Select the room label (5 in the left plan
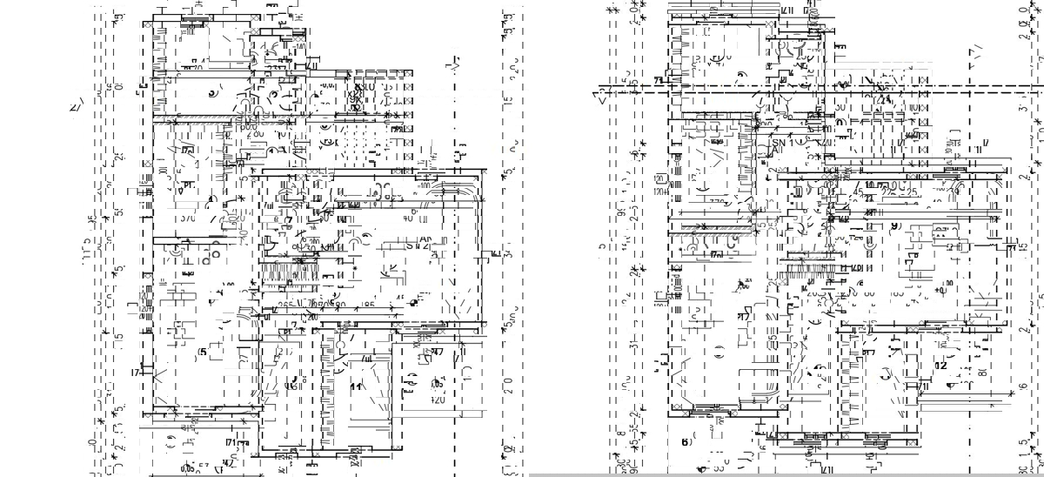pyautogui.click(x=202, y=352)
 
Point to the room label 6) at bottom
pyautogui.click(x=686, y=442)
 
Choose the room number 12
pyautogui.click(x=940, y=366)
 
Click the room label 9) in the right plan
pyautogui.click(x=895, y=225)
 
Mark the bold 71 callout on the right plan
pyautogui.click(x=659, y=80)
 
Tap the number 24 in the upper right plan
pyautogui.click(x=886, y=100)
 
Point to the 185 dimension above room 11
pyautogui.click(x=369, y=306)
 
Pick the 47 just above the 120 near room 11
pyautogui.click(x=437, y=352)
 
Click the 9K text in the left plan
pyautogui.click(x=355, y=98)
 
